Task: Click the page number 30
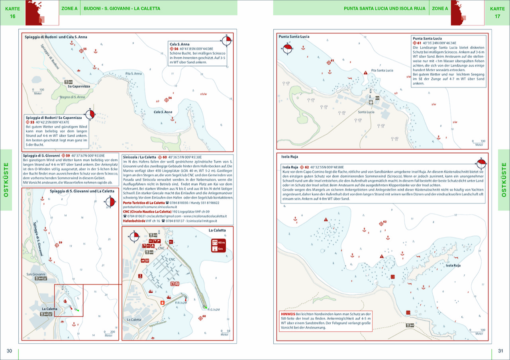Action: click(9, 351)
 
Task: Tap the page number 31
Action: click(501, 351)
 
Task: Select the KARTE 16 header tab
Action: click(13, 13)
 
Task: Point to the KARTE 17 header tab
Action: click(497, 13)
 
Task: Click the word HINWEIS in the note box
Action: click(288, 314)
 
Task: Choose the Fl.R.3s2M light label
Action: click(180, 303)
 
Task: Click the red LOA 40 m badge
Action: click(218, 242)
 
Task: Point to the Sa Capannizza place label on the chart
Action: click(78, 86)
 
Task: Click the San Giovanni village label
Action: click(36, 274)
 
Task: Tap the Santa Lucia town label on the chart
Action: click(366, 112)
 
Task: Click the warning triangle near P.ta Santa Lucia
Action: click(366, 72)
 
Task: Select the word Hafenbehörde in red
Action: click(135, 221)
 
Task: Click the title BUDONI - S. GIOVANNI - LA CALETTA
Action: click(122, 8)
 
